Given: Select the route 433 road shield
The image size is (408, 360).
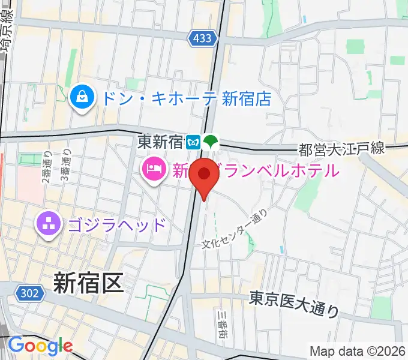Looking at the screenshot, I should (x=202, y=39).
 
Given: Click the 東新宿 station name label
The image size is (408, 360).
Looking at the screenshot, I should (x=160, y=142).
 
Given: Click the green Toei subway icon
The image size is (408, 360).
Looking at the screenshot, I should (x=211, y=142).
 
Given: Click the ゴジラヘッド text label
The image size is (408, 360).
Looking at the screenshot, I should (x=116, y=226).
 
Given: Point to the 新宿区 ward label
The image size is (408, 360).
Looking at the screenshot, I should (x=88, y=282).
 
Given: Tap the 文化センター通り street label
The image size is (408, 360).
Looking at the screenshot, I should (x=233, y=229).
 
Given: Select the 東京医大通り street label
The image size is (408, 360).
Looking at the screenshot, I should (x=294, y=304).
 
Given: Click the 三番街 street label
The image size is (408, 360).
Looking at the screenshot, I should (x=221, y=325).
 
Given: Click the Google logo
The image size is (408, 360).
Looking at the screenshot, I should (x=40, y=346).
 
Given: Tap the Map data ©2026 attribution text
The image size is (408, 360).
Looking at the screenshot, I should (x=358, y=351).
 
